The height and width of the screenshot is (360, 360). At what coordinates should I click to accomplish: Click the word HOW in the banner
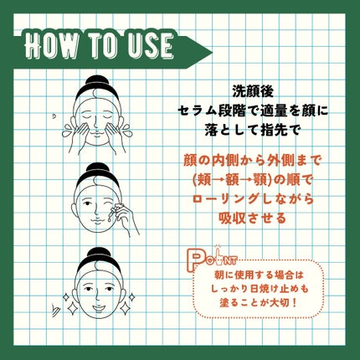click(52, 45)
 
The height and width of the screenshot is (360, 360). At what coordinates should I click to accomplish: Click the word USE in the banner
click(150, 45)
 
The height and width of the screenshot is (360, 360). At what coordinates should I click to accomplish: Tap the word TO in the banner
click(103, 45)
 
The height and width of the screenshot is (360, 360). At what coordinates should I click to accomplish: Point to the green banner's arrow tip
click(212, 52)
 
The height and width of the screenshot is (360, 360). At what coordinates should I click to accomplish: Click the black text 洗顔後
click(253, 92)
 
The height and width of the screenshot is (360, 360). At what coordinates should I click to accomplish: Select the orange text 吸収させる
click(253, 218)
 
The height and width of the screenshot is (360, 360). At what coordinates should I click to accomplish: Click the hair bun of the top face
click(97, 80)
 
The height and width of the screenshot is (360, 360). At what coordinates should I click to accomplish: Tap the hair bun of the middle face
click(97, 168)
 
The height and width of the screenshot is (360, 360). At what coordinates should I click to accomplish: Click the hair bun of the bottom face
click(98, 254)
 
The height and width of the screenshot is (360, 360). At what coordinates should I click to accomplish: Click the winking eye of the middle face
click(108, 202)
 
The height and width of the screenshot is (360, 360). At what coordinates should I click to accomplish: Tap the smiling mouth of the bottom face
click(98, 308)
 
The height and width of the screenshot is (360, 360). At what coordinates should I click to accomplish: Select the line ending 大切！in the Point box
click(259, 303)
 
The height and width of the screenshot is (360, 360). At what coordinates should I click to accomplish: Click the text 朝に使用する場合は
click(259, 275)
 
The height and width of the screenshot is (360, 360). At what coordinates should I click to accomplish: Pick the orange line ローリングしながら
click(253, 199)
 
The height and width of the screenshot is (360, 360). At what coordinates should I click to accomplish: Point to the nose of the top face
click(95, 123)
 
